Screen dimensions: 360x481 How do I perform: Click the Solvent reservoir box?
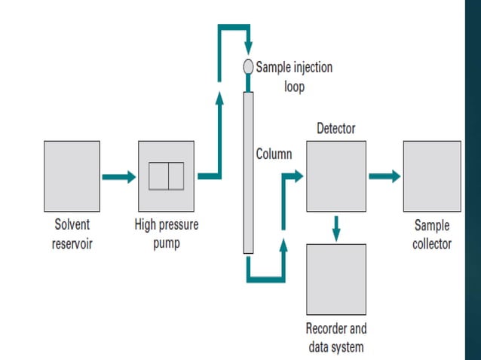(x=72, y=176)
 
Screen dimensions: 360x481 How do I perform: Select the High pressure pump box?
(x=166, y=176)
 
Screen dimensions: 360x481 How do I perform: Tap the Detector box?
(x=335, y=176)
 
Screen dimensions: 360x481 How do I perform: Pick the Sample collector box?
(x=432, y=176)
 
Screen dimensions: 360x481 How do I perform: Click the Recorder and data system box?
(x=335, y=279)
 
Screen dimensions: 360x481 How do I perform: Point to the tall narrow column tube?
(x=248, y=172)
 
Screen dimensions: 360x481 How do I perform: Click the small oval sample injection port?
(x=248, y=67)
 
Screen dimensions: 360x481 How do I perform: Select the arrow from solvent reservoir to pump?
(x=119, y=177)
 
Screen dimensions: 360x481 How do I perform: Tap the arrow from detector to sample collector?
(x=384, y=176)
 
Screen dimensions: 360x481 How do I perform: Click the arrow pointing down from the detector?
(x=335, y=225)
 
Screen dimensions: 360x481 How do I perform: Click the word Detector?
(x=335, y=129)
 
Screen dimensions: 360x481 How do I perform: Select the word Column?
(x=274, y=154)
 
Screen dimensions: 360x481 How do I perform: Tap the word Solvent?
(x=72, y=225)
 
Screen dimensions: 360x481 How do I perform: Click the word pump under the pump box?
(x=166, y=244)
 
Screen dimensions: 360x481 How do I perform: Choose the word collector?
(x=432, y=244)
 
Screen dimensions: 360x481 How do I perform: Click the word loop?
(x=295, y=85)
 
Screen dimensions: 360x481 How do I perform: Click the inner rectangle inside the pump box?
(x=166, y=176)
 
